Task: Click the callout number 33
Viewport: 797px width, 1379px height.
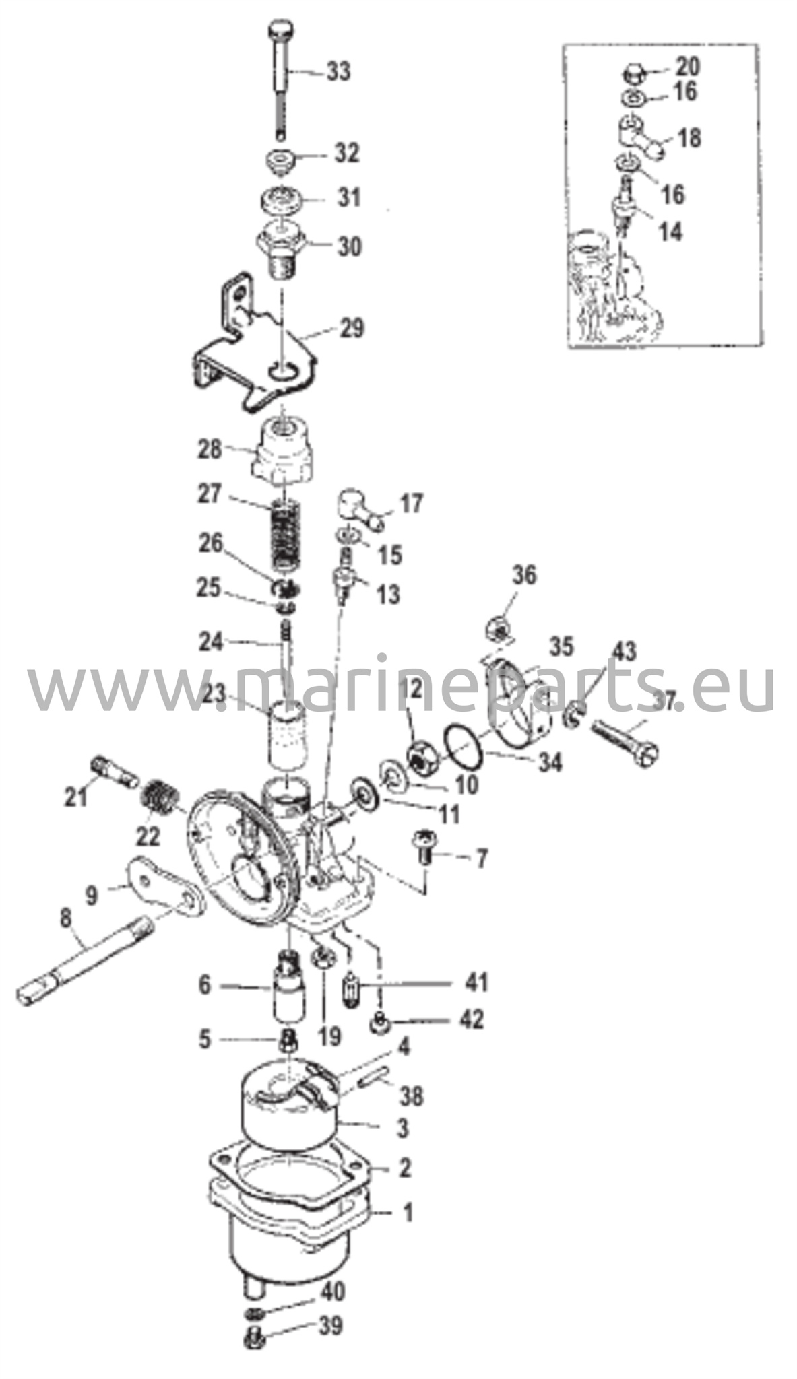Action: point(339,71)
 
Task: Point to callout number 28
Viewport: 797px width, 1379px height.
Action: point(210,449)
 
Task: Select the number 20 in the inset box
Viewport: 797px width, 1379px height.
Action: point(688,66)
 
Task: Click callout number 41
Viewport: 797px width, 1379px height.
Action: point(476,983)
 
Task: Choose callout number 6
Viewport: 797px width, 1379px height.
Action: point(204,986)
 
